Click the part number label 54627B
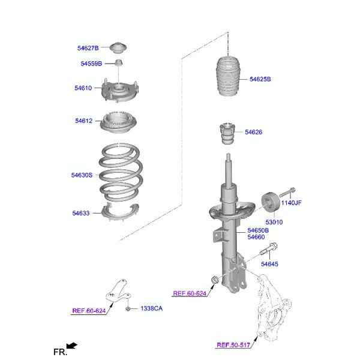point(88,48)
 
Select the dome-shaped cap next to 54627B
point(118,48)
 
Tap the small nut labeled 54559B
point(118,62)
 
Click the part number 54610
point(83,88)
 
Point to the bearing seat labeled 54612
point(118,122)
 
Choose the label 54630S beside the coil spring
point(82,175)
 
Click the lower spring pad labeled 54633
point(120,212)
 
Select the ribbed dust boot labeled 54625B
point(228,76)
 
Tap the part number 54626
point(253,132)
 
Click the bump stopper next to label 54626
point(227,134)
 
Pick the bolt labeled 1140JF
point(287,192)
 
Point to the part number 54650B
point(258,230)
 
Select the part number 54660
point(256,237)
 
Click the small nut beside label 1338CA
point(128,309)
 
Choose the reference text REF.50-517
point(233,345)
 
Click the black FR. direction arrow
point(72,346)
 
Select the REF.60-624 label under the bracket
point(89,311)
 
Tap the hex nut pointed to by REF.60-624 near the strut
point(214,280)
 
